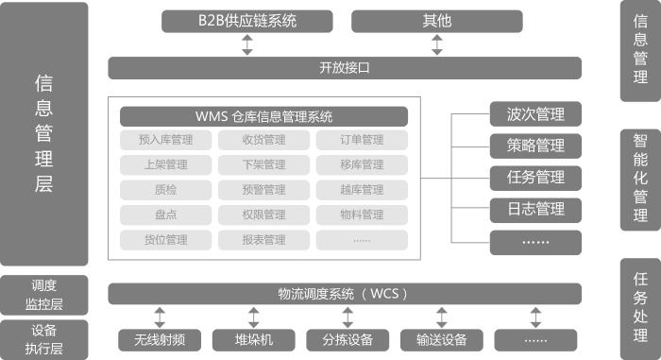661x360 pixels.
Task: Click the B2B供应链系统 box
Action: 248,21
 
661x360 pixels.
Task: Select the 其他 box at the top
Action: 436,21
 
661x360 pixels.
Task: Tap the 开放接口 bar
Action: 344,68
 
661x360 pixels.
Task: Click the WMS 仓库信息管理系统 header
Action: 263,117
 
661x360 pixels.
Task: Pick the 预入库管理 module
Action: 165,141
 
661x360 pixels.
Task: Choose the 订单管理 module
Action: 362,141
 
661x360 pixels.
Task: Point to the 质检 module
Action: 165,190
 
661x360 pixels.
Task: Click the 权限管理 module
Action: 263,214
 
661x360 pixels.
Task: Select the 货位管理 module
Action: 165,240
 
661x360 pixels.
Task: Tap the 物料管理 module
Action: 362,214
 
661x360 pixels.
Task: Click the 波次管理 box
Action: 534,114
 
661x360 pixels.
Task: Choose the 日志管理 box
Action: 534,209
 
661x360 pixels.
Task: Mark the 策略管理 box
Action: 534,146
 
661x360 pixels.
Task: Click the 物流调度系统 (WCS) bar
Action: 344,294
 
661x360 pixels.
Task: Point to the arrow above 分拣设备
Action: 347,317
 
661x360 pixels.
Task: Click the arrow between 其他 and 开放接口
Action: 436,44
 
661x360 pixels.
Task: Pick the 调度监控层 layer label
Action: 44,294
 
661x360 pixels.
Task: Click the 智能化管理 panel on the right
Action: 640,179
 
